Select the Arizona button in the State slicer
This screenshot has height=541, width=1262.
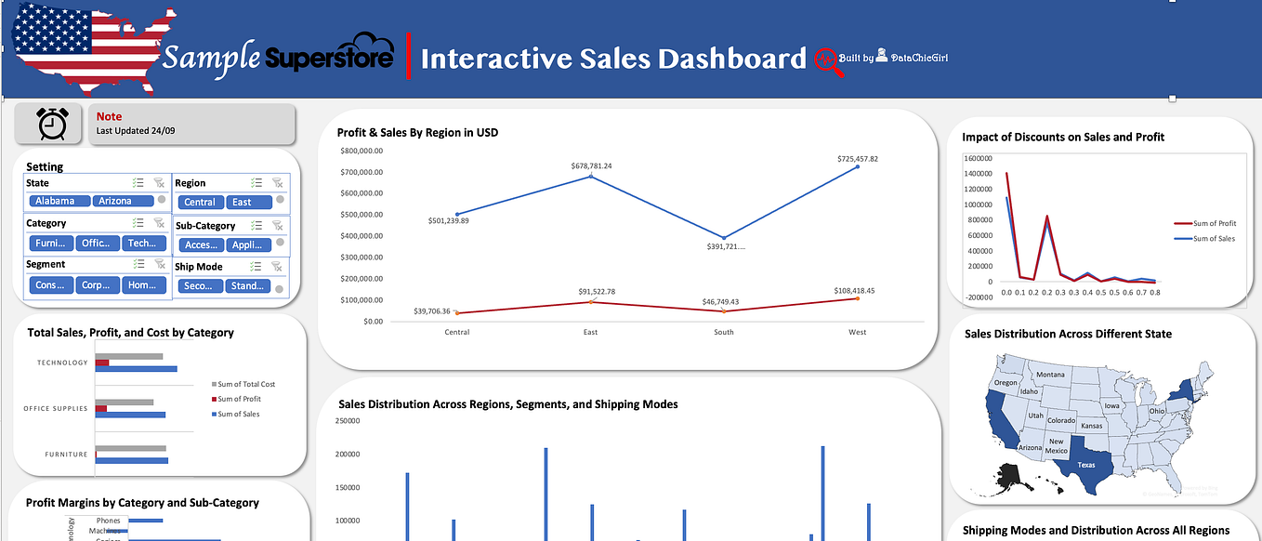tap(115, 201)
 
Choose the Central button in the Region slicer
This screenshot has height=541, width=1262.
tap(200, 202)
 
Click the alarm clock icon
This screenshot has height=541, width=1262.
tap(52, 124)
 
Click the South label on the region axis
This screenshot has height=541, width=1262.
tap(723, 332)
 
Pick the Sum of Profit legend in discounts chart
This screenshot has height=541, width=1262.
tap(1215, 224)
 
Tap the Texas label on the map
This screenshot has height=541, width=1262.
tap(1086, 464)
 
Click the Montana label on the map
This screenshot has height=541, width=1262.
tap(1050, 375)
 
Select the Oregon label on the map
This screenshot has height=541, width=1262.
tap(1006, 383)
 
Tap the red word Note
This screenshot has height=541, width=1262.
tap(109, 117)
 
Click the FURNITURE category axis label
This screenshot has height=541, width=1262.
tap(66, 455)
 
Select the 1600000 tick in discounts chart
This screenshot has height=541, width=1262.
tap(980, 159)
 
